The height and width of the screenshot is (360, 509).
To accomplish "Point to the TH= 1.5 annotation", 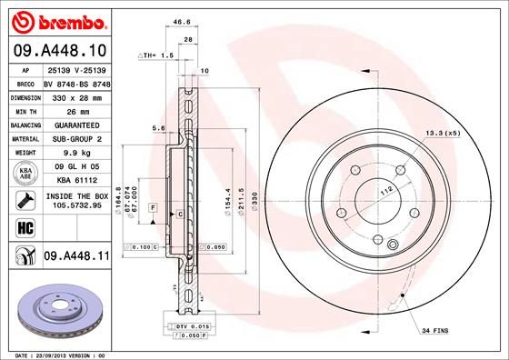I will click(155, 55).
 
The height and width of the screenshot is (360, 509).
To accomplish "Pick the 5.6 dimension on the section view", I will click(159, 129).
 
